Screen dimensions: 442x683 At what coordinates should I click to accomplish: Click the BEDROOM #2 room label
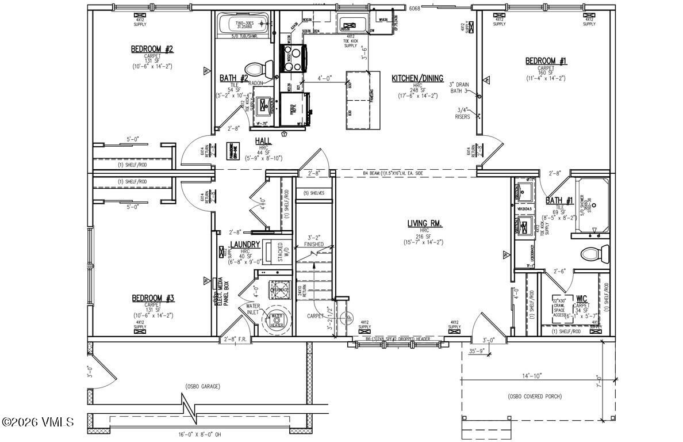click(x=152, y=49)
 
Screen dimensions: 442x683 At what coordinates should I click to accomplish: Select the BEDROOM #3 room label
click(x=152, y=298)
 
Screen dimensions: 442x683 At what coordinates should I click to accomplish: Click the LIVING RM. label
click(x=424, y=223)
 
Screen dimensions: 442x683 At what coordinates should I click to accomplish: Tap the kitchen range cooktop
click(x=293, y=58)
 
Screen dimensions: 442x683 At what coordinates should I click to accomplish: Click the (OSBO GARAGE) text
click(x=203, y=386)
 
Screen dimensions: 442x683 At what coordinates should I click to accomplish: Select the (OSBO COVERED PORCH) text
click(x=534, y=397)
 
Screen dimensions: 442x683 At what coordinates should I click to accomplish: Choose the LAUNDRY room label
click(x=245, y=245)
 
